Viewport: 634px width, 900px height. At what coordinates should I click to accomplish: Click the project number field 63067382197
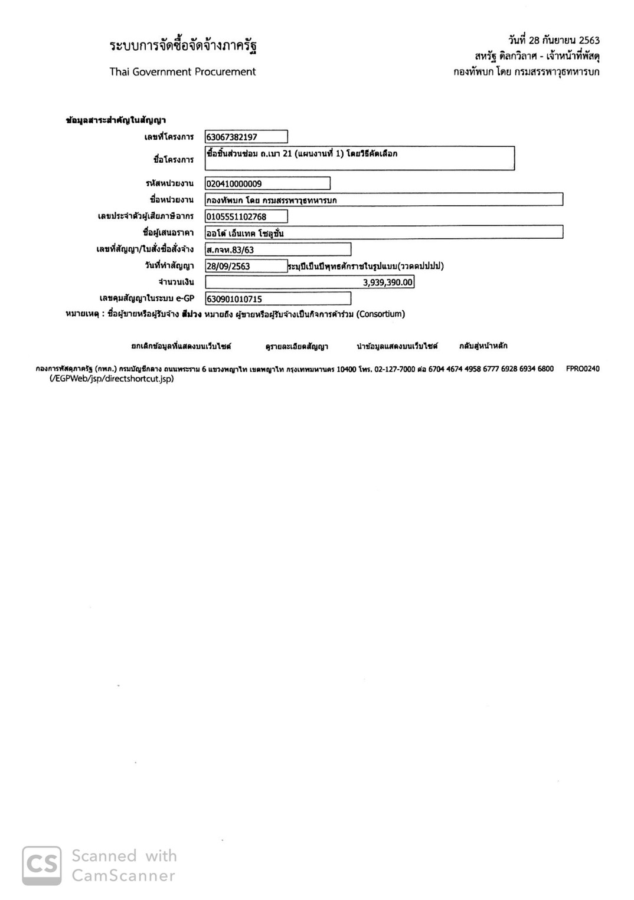pos(246,137)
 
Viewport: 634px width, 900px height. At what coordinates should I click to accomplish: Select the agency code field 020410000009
pos(267,183)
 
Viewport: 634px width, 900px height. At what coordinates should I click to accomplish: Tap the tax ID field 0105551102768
pos(246,216)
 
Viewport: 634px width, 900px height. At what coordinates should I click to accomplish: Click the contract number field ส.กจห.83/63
pos(277,249)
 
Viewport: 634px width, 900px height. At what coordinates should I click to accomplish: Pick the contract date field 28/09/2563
pos(246,266)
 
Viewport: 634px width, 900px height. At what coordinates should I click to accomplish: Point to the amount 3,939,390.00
pos(387,283)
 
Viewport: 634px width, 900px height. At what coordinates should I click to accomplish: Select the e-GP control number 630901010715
pos(277,299)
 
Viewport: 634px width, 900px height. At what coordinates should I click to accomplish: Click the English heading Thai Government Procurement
pos(182,72)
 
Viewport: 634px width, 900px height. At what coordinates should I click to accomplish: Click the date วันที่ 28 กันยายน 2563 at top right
pos(553,40)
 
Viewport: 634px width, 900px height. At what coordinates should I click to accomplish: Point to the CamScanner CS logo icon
pos(42,865)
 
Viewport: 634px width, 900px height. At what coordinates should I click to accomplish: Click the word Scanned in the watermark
pos(104,856)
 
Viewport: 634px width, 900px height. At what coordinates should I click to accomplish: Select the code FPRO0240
pos(582,369)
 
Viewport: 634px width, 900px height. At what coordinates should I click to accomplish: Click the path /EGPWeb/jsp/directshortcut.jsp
pos(112,379)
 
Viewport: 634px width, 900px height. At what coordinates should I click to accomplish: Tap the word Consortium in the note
pos(381,314)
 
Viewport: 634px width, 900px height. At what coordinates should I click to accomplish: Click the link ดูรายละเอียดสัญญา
pos(296,346)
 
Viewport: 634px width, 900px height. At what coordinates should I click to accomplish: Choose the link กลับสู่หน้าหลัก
pos(483,346)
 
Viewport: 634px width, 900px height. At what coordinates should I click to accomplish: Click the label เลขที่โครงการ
pos(169,137)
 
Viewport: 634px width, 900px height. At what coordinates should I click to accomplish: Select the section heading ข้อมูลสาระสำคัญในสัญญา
pos(116,120)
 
